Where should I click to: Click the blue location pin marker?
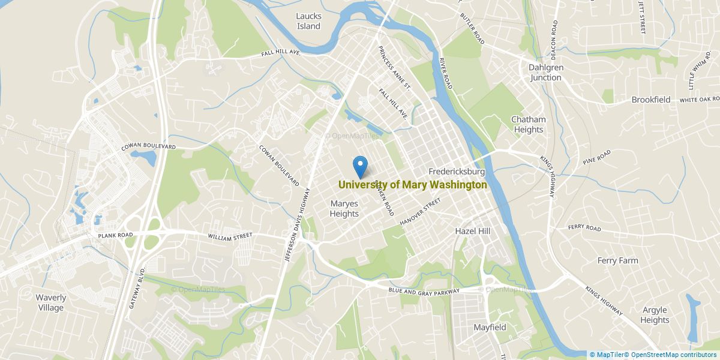point(360,165)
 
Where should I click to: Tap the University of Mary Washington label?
point(413,185)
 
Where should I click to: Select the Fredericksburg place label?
point(457,172)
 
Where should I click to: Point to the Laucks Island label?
point(308,21)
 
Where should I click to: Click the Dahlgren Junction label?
point(545,73)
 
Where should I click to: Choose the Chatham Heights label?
point(528,124)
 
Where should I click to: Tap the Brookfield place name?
point(650,100)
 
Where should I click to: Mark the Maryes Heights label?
point(344,209)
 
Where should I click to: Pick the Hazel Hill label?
point(473,231)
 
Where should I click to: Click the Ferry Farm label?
point(617,260)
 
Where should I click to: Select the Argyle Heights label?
point(655,315)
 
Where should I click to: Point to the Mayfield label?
point(490,328)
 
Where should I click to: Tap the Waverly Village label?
point(51,302)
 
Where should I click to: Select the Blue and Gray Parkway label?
point(424,291)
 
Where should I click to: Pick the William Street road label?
point(230,236)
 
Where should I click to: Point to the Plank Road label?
point(114,236)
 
